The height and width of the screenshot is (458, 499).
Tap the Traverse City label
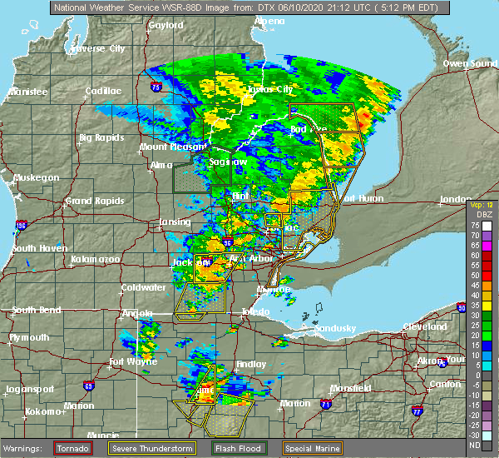(x=98, y=48)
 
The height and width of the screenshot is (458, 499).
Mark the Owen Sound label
(x=468, y=63)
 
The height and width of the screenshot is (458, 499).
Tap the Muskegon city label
(x=35, y=177)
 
